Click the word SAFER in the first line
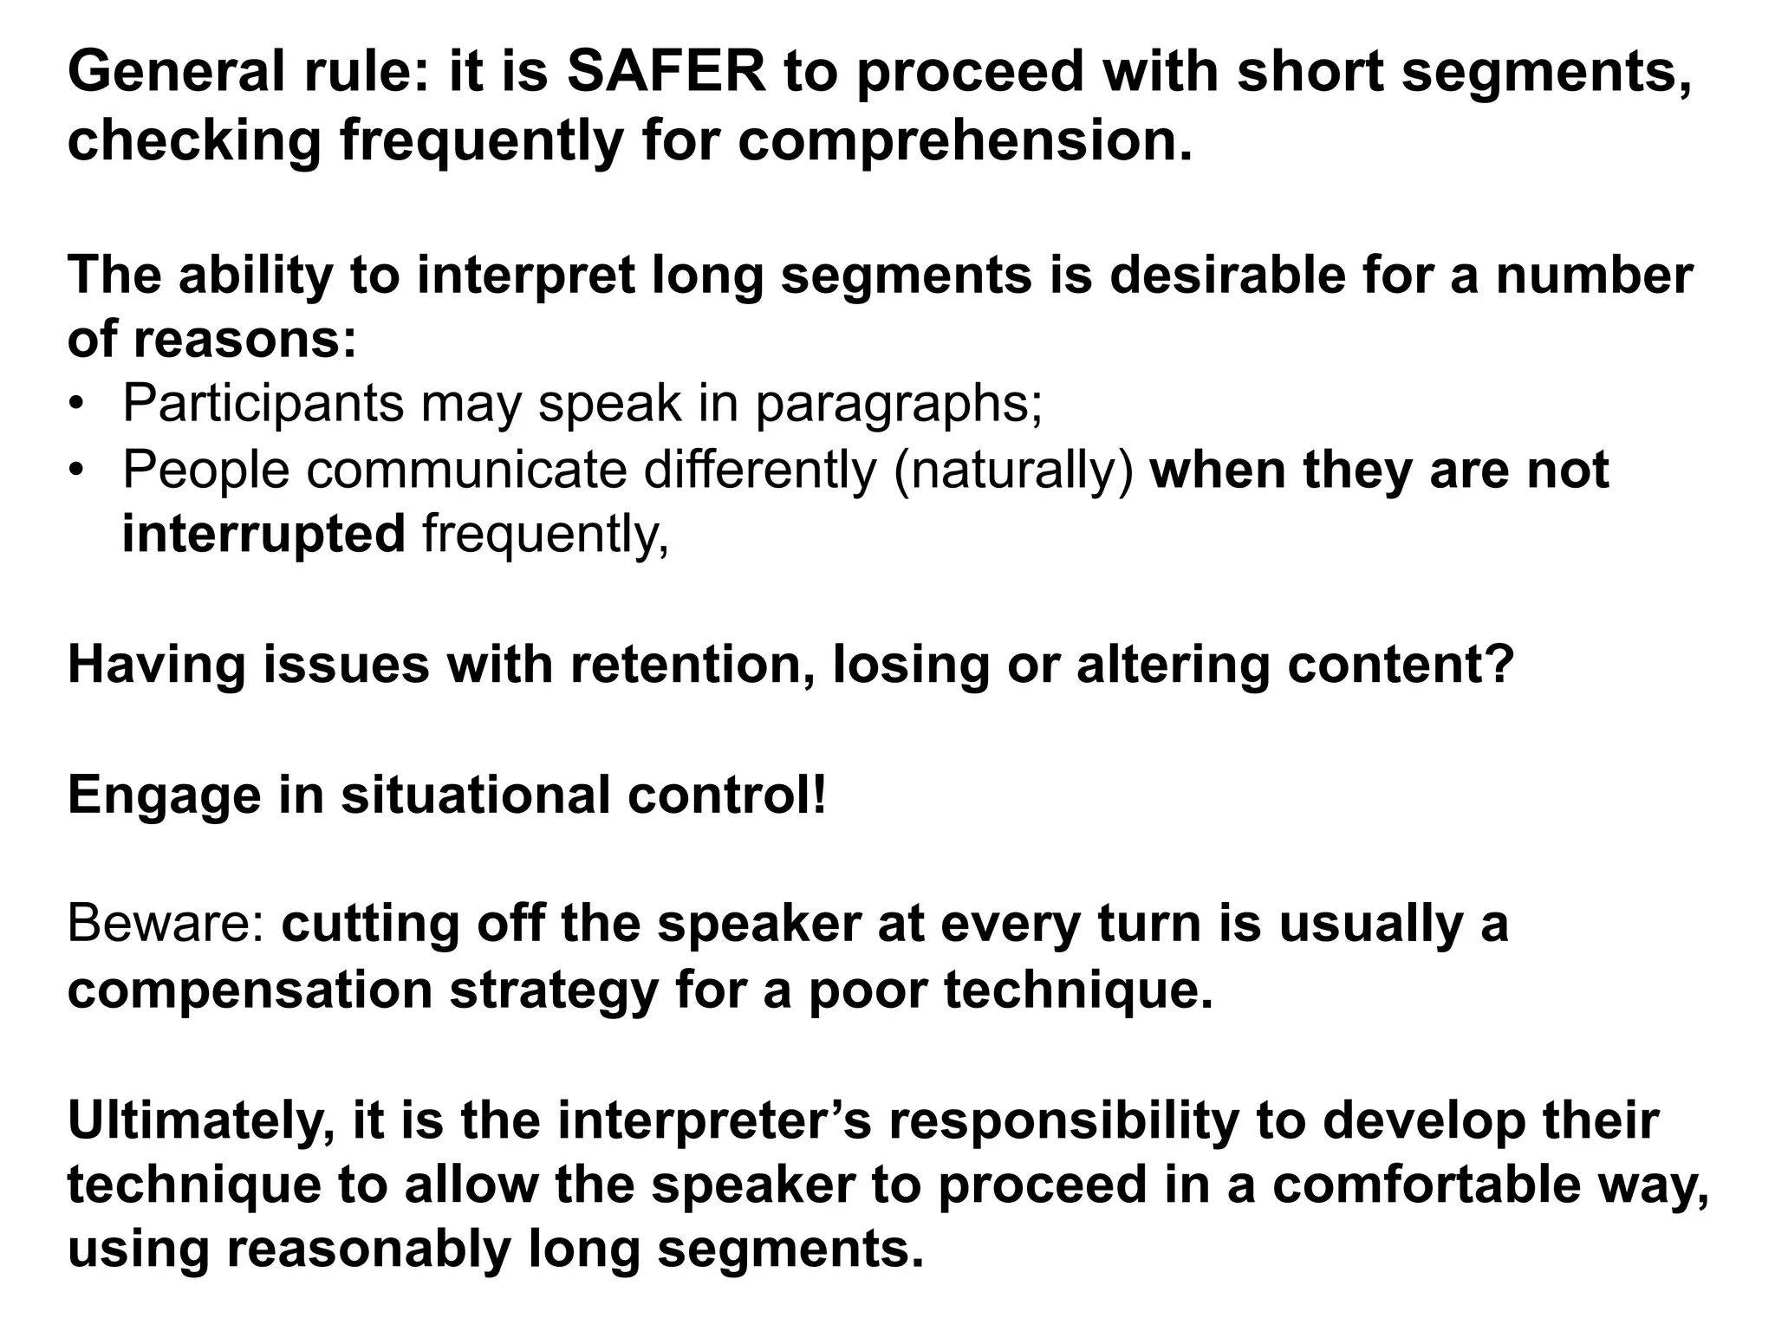pos(666,73)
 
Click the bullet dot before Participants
pos(78,405)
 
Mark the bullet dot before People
pos(78,471)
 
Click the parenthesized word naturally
pos(1012,471)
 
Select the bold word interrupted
pos(263,534)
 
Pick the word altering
pos(1173,665)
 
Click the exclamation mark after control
pos(819,795)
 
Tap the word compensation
pos(250,990)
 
